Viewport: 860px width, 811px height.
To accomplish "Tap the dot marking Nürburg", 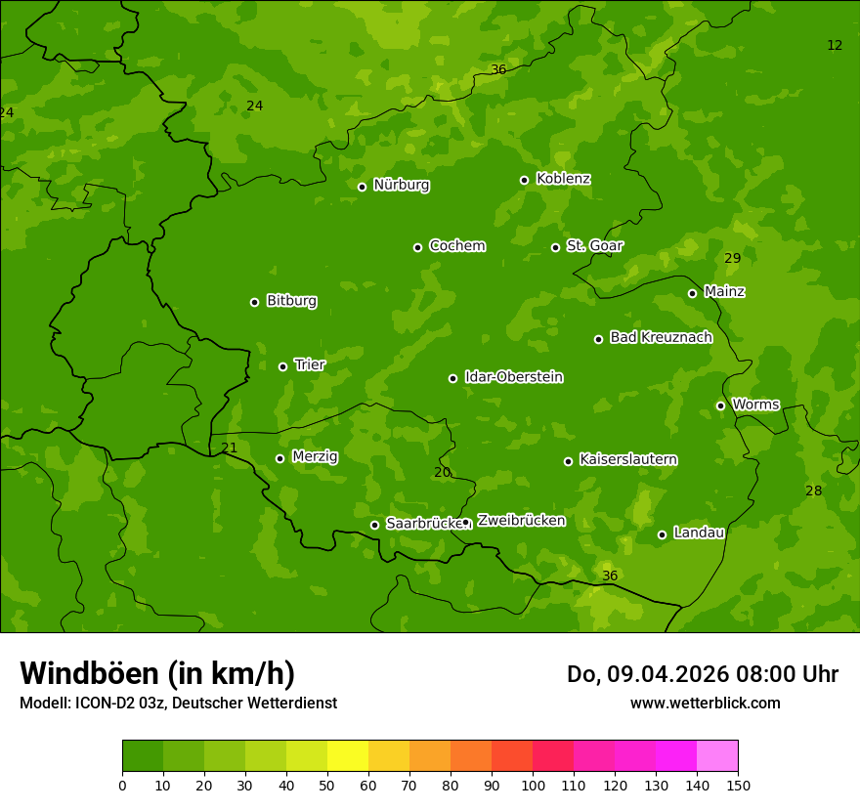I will coord(362,187).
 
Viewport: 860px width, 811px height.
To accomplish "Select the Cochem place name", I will coord(456,245).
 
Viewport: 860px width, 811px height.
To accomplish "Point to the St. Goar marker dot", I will coord(555,247).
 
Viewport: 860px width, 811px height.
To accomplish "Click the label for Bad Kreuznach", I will coord(661,337).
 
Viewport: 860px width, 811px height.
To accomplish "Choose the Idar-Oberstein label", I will coord(513,377).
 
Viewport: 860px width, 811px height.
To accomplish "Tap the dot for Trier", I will coord(282,366).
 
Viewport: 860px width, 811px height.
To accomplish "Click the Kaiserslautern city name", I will coord(627,459).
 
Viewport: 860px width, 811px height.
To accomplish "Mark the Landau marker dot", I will coord(662,534).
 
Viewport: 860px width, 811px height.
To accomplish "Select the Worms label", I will coord(754,405).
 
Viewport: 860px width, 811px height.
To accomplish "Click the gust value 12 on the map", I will coord(835,45).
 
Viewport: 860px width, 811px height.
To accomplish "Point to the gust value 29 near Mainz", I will coord(732,258).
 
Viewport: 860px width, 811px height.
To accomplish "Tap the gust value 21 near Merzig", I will coord(229,448).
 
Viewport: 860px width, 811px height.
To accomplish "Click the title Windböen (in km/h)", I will coord(157,673).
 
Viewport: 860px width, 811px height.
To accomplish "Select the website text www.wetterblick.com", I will coord(705,703).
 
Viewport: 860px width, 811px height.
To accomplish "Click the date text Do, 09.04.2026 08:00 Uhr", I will coord(702,674).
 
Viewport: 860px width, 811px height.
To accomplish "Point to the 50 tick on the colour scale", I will coord(327,785).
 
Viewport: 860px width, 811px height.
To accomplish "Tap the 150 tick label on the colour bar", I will coord(738,785).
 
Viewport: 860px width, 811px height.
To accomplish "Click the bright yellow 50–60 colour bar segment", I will coord(348,755).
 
